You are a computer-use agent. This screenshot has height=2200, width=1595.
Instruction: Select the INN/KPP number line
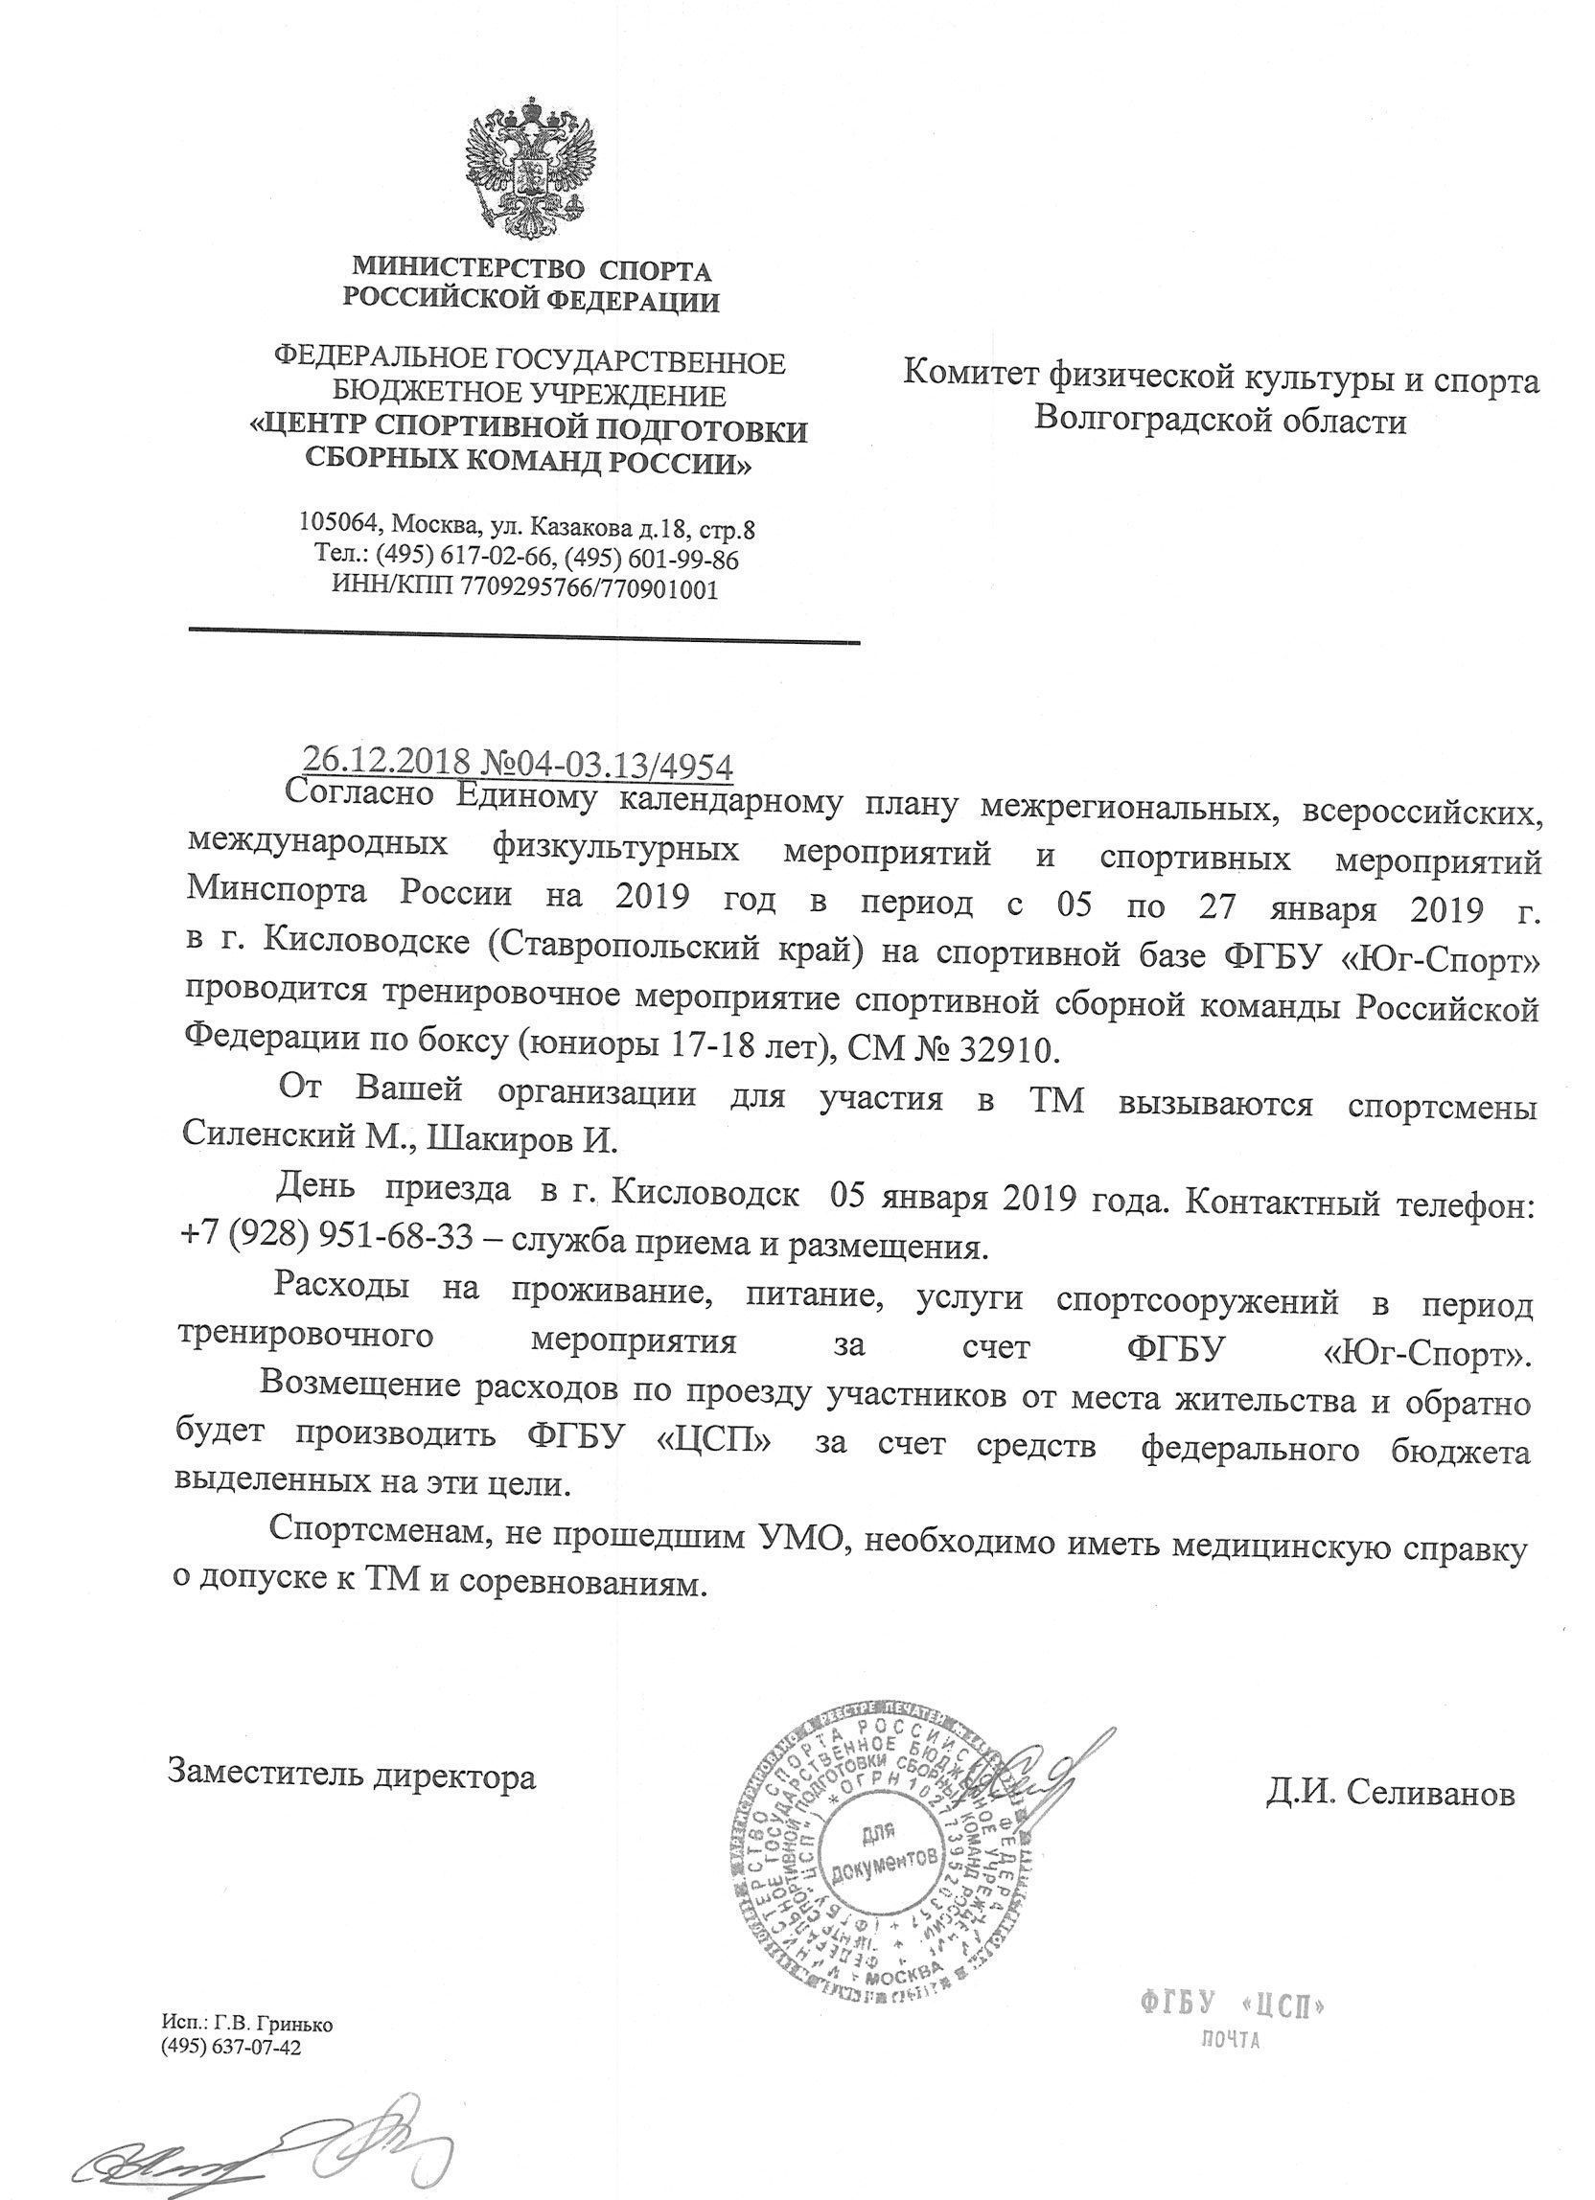(525, 587)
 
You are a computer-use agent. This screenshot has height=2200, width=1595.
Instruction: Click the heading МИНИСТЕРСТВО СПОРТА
(531, 268)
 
